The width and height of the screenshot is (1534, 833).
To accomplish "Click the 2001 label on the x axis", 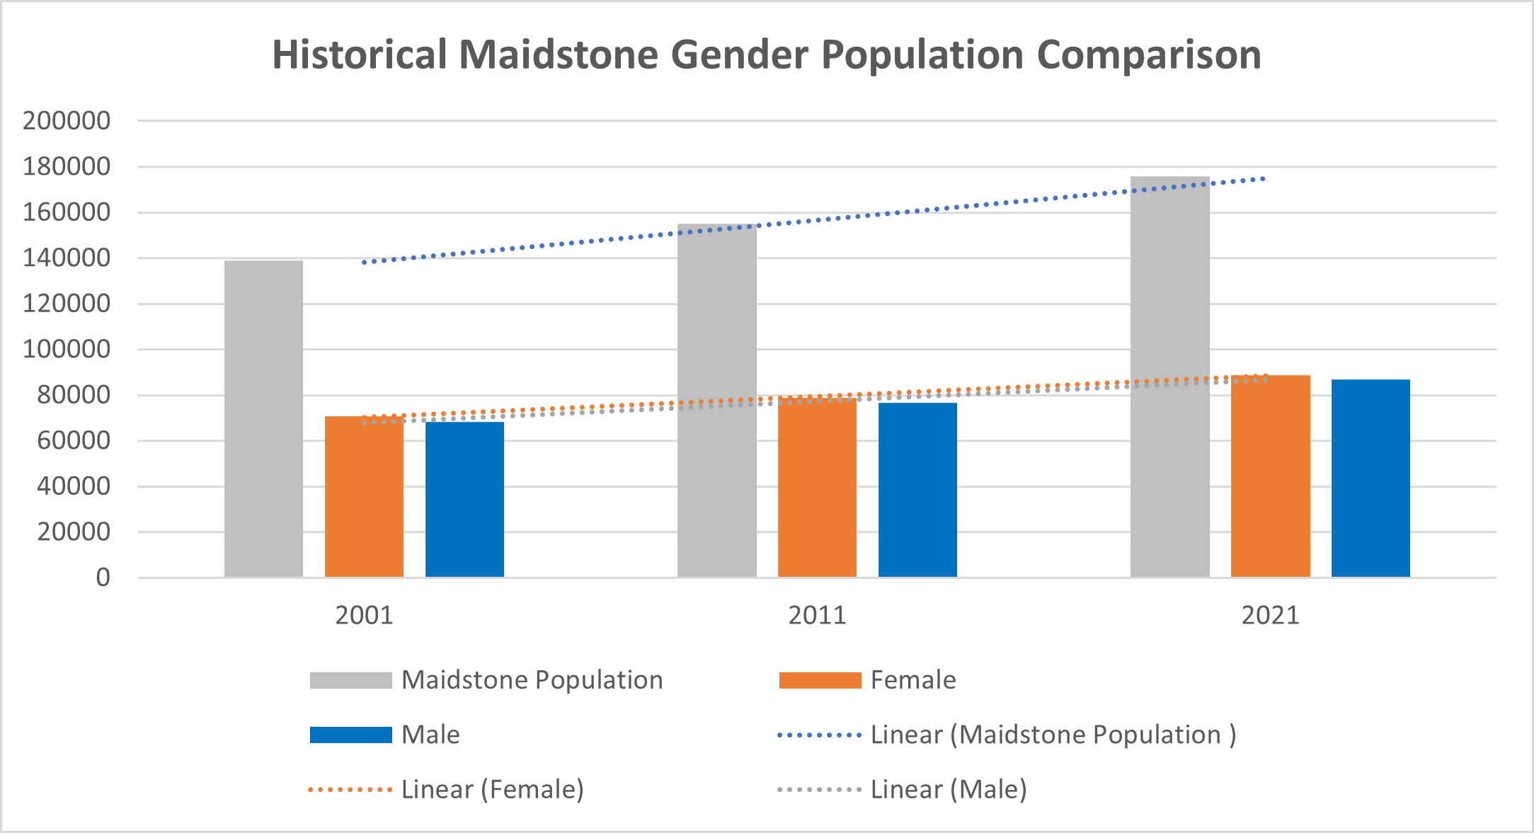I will coord(364,615).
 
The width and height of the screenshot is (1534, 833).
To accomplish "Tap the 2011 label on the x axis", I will coord(817,615).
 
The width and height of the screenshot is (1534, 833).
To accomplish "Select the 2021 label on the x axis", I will coord(1270,615).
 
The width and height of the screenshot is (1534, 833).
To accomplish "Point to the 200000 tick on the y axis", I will coord(67,121).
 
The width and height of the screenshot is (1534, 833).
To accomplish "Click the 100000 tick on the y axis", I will coord(67,349).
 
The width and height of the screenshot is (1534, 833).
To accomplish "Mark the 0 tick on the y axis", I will coord(103,578).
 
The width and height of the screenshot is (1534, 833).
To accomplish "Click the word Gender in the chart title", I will coord(739,54).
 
